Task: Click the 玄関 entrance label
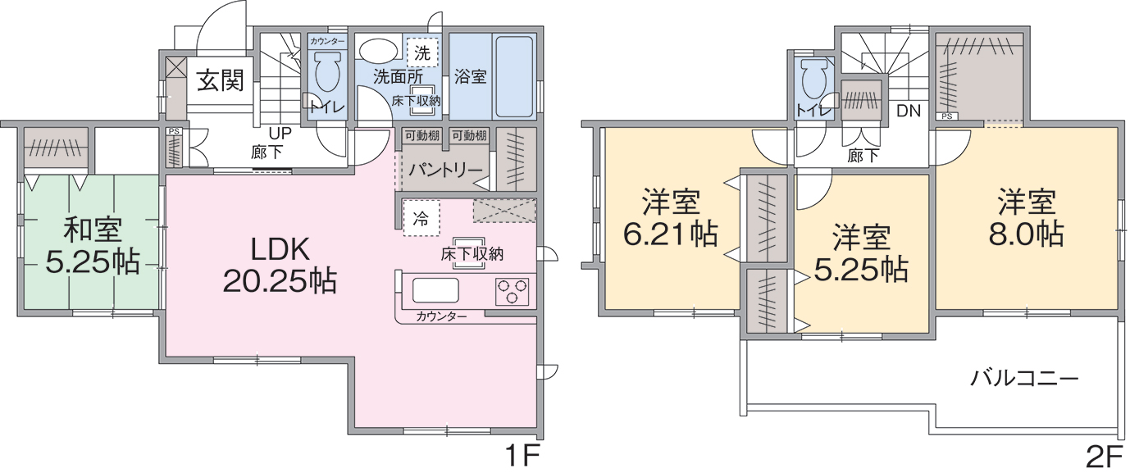221,80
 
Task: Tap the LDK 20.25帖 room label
280,266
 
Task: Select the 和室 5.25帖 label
93,245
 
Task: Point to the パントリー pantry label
445,170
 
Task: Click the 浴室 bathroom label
470,77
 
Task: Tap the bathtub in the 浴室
513,77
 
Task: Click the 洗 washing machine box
422,52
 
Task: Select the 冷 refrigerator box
421,218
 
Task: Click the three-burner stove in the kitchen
512,292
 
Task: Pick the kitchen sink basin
436,290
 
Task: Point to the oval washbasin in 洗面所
379,51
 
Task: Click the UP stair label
280,133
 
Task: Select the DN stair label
909,111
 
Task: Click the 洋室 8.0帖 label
1026,218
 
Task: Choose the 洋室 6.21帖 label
671,218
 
